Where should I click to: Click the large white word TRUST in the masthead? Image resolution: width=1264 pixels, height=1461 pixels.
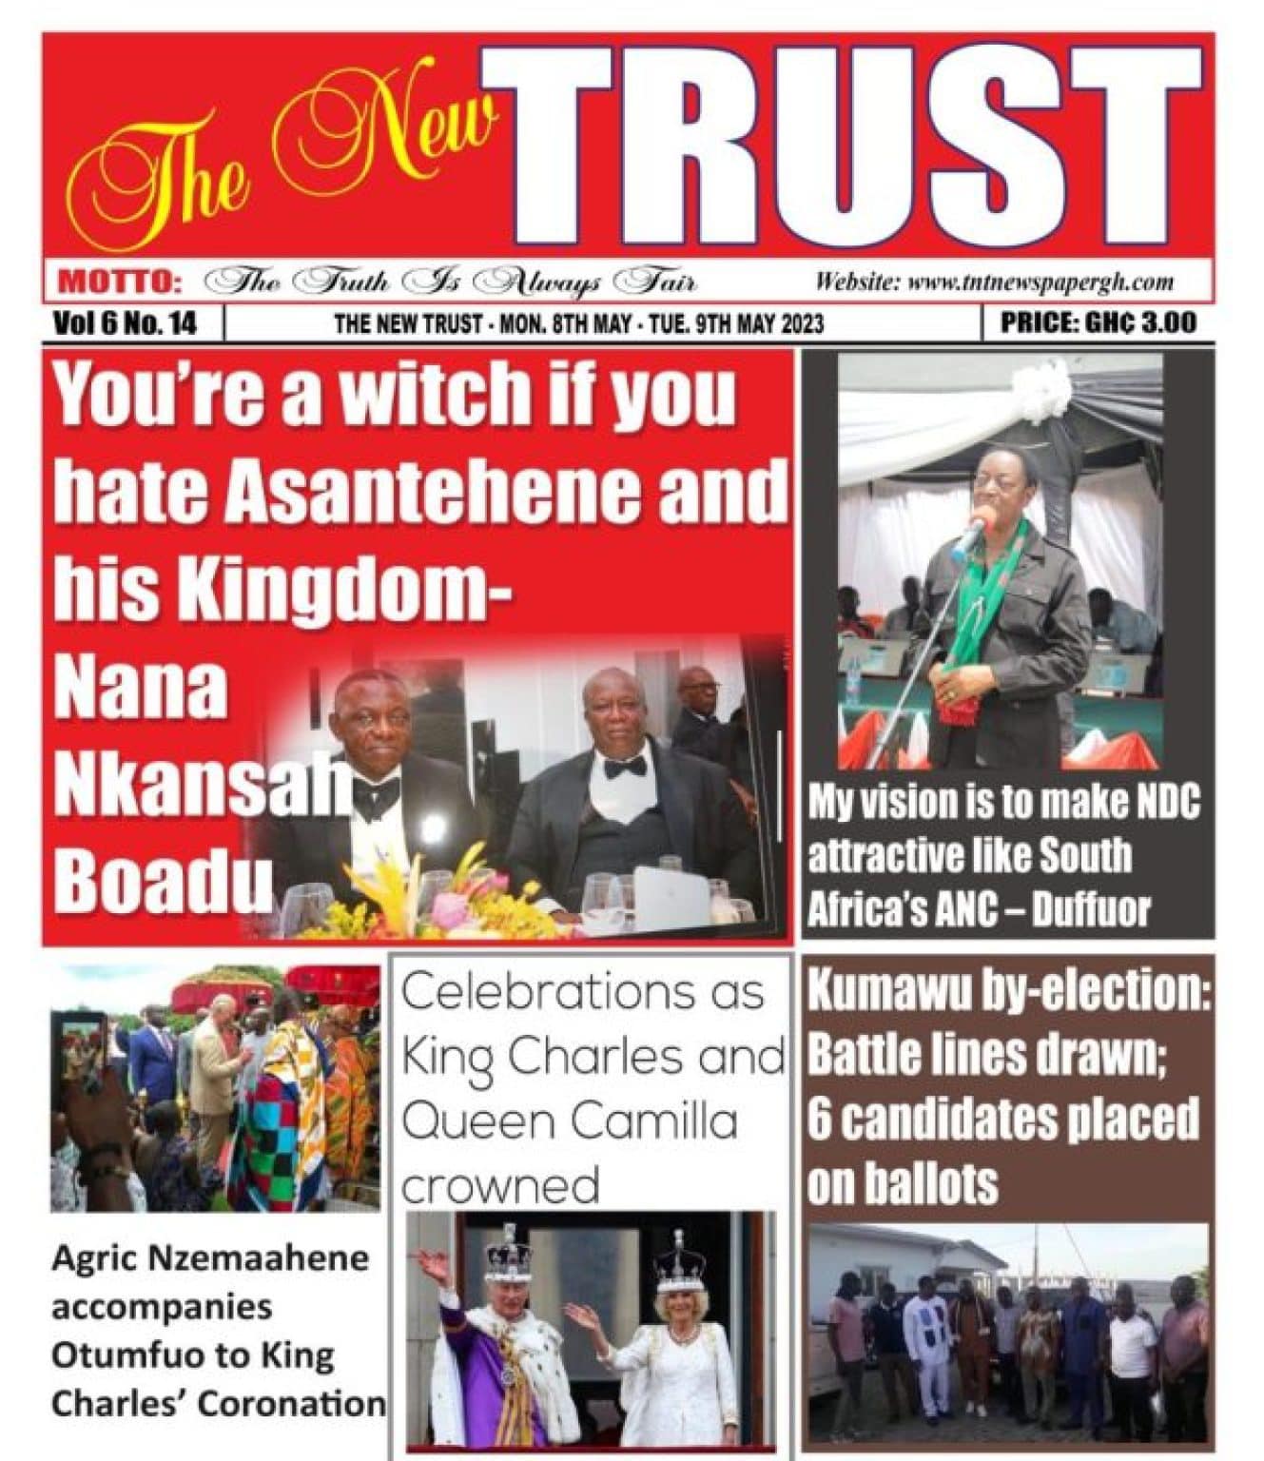coord(851,152)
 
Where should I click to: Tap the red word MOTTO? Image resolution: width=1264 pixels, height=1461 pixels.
coord(120,282)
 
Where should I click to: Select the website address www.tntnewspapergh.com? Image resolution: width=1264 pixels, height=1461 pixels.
coord(1040,282)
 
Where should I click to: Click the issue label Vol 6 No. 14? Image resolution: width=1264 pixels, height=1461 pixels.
coord(125,323)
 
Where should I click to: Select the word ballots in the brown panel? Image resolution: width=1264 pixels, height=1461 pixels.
coord(904,1183)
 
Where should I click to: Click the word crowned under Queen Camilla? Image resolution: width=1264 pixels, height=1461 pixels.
coord(500,1185)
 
